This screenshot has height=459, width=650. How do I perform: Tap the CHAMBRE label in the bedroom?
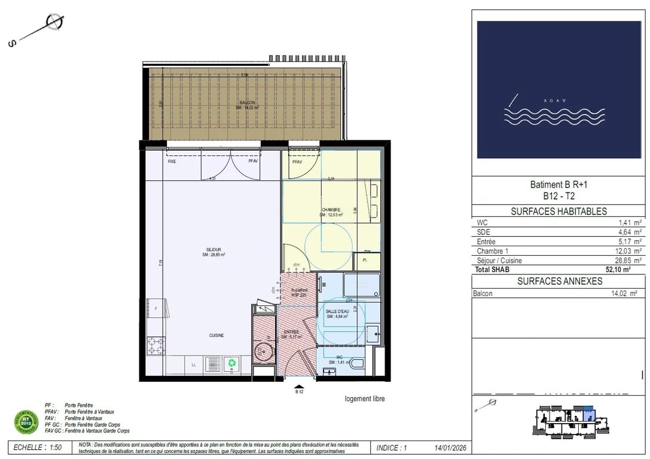(x=331, y=210)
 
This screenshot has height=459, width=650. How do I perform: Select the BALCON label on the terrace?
(x=248, y=103)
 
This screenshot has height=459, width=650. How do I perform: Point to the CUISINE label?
(x=216, y=335)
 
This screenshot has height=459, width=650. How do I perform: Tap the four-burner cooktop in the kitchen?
(x=156, y=345)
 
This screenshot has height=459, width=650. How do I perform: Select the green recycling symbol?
(x=231, y=362)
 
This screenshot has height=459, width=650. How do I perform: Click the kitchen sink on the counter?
(x=213, y=363)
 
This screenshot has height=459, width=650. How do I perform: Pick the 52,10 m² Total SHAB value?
(x=618, y=270)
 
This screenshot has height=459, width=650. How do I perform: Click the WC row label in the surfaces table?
(x=482, y=222)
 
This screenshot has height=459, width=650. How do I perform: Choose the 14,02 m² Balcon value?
(x=622, y=293)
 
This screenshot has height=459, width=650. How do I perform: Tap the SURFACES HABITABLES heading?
(x=559, y=212)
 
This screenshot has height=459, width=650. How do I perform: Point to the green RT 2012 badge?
(x=26, y=421)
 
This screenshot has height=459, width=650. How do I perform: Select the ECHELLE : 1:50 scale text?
(x=37, y=447)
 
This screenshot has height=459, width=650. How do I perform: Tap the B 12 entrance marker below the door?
(x=300, y=393)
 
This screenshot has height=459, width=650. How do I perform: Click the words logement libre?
(x=365, y=399)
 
